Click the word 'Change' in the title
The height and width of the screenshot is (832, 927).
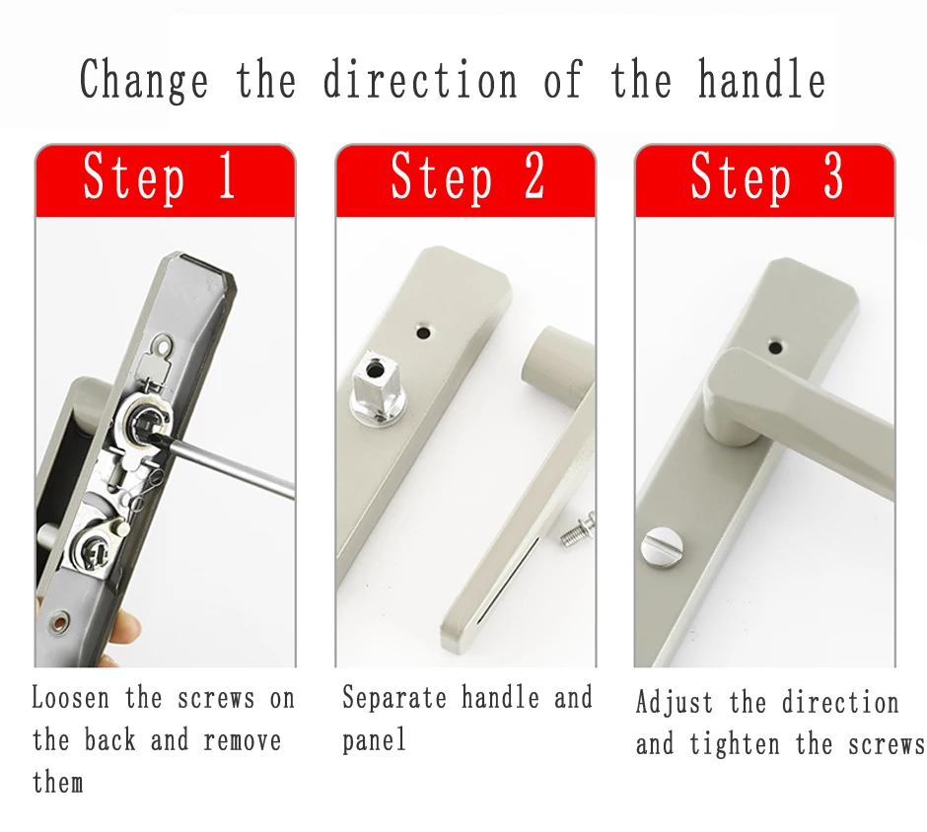(x=144, y=80)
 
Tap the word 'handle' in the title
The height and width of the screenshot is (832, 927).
(x=761, y=79)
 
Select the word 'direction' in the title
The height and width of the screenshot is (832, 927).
(x=420, y=79)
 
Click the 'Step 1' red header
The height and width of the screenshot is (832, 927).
(x=165, y=180)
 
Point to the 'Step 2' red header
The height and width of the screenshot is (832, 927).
(x=465, y=180)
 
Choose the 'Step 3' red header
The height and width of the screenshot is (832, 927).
(x=765, y=180)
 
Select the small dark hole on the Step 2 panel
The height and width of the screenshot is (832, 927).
(x=423, y=333)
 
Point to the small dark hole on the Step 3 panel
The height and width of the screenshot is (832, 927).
(x=776, y=347)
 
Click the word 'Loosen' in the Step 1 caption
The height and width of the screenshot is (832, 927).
(x=70, y=698)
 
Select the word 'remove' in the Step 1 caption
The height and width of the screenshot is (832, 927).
(x=243, y=740)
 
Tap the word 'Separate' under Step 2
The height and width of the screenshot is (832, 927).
(x=394, y=698)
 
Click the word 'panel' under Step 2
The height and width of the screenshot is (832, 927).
(x=374, y=740)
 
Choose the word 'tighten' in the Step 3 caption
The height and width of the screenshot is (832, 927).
(x=735, y=743)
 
